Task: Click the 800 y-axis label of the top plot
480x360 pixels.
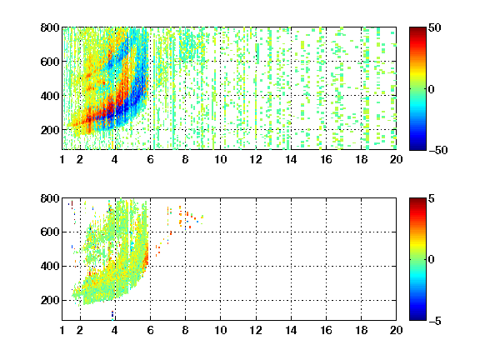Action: tap(50, 27)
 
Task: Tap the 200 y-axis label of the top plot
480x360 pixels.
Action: tap(50, 130)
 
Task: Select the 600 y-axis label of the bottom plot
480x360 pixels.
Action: tap(50, 232)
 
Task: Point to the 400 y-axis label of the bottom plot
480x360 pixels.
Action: tap(50, 266)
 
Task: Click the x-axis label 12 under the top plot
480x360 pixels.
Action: tap(256, 159)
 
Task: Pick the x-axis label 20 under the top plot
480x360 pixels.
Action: tap(396, 159)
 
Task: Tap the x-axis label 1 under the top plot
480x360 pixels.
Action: tap(62, 159)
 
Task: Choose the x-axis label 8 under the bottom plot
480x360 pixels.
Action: tap(185, 330)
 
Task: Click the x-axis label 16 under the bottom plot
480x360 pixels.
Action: tap(326, 330)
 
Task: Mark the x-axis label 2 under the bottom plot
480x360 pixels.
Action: tap(80, 330)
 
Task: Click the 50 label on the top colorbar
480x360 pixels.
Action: tap(434, 27)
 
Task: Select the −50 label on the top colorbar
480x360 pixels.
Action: tap(437, 150)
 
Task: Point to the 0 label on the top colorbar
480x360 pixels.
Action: tap(431, 89)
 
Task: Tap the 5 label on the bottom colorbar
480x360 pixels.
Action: tap(431, 198)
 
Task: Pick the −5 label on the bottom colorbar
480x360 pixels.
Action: tap(435, 321)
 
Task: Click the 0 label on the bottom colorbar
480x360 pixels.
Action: tap(431, 260)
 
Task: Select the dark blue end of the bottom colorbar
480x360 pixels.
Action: tap(417, 318)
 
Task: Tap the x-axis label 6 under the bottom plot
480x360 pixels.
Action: tap(150, 330)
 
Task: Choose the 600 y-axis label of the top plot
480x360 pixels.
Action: tap(50, 62)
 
